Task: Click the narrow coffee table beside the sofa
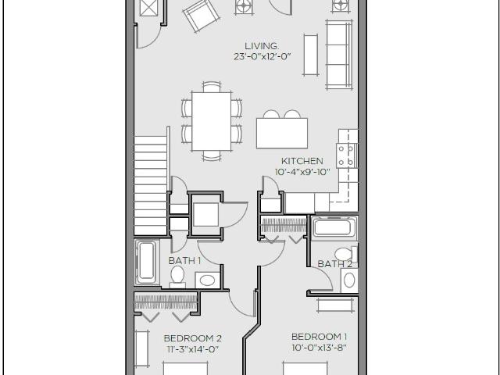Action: click(310, 54)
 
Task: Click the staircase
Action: click(151, 184)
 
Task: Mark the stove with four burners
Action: click(346, 152)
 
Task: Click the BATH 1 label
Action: click(185, 260)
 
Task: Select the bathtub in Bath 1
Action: click(146, 264)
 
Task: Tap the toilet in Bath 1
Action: click(178, 275)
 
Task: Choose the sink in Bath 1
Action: click(207, 280)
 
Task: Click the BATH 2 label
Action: click(334, 264)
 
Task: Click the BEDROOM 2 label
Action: click(192, 338)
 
